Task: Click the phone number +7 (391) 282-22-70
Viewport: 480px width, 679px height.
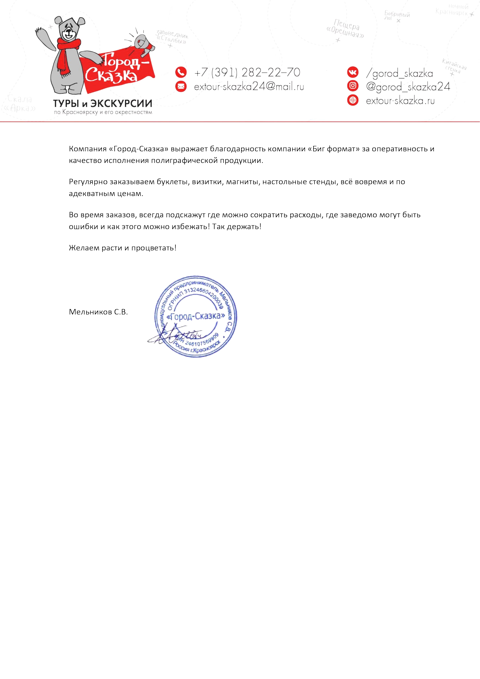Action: coord(247,72)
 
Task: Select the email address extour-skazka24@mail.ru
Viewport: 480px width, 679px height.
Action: coord(249,87)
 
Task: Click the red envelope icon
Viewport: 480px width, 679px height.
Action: coord(181,86)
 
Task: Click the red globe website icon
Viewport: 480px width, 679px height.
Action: coord(353,100)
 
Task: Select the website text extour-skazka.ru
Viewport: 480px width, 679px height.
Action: coord(400,101)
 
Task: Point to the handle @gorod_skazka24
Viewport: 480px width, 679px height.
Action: coord(408,87)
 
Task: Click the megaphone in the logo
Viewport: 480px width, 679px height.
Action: coord(143,44)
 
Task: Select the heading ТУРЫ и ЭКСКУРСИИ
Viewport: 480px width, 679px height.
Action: coord(103,104)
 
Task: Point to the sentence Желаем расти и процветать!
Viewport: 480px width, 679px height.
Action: coord(122,248)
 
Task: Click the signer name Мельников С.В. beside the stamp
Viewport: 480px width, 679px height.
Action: coord(98,312)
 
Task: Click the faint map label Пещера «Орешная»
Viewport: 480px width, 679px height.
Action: coord(345,29)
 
